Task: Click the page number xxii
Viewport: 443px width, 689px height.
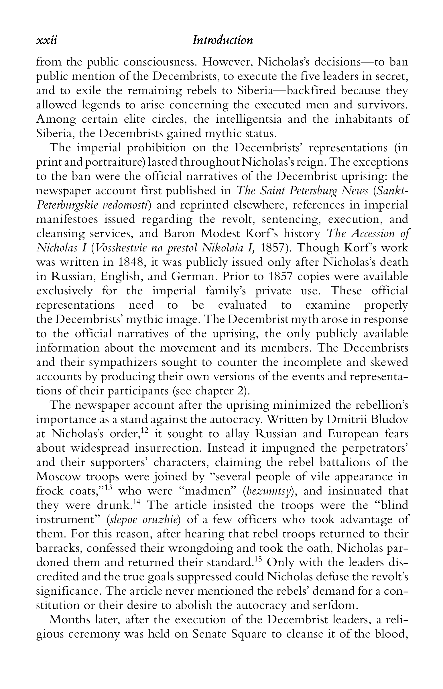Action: pos(47,40)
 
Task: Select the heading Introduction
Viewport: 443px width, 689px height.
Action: pos(223,40)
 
